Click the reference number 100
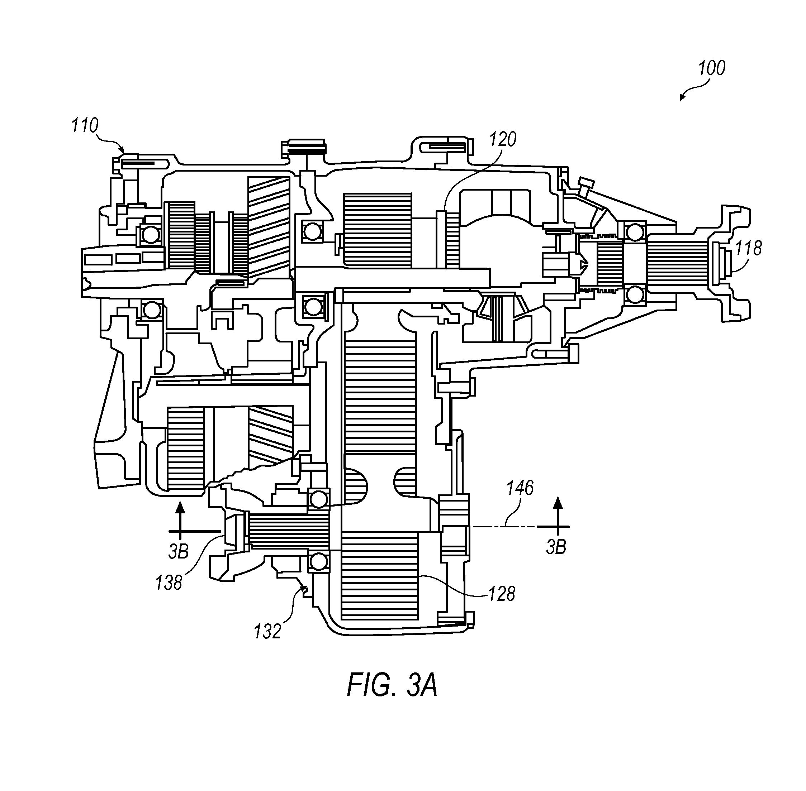pyautogui.click(x=711, y=68)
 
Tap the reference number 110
pyautogui.click(x=85, y=125)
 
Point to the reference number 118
pyautogui.click(x=748, y=248)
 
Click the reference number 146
pyautogui.click(x=520, y=488)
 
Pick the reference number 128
pyautogui.click(x=502, y=594)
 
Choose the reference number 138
pyautogui.click(x=169, y=583)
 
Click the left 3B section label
pyautogui.click(x=179, y=551)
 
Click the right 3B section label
pyautogui.click(x=556, y=547)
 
